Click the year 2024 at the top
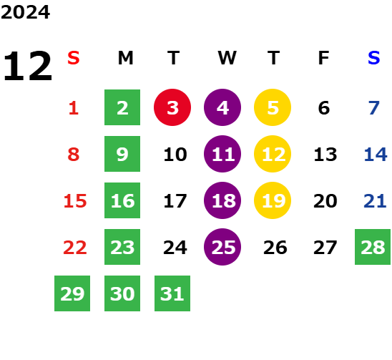click(x=25, y=12)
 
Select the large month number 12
click(x=27, y=66)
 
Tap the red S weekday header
click(x=74, y=58)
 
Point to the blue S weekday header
click(x=373, y=58)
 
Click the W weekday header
click(x=227, y=58)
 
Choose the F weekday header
click(x=323, y=58)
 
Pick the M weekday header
click(x=125, y=58)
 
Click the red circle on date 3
click(x=172, y=107)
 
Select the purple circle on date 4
click(x=222, y=107)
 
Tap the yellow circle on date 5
click(x=273, y=107)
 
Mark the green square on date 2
click(x=122, y=107)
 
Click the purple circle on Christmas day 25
click(x=222, y=247)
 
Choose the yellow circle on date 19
click(x=273, y=200)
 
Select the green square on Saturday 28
click(x=373, y=247)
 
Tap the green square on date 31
click(x=172, y=293)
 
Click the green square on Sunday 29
click(x=72, y=293)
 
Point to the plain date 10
click(x=175, y=155)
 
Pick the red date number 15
click(x=75, y=201)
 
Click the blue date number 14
click(x=376, y=155)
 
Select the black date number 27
click(x=325, y=248)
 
